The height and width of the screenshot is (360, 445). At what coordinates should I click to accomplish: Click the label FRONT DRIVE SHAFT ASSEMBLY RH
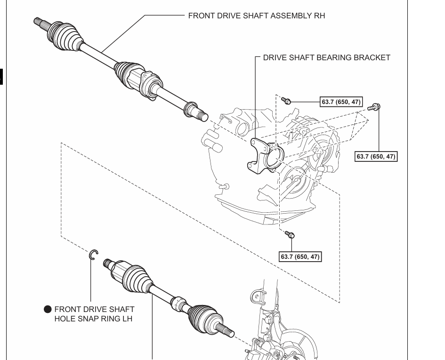(256, 16)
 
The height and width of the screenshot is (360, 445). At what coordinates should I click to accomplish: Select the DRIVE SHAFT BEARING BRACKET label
(326, 57)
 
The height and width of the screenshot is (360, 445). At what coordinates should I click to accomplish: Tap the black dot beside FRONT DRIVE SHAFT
(48, 309)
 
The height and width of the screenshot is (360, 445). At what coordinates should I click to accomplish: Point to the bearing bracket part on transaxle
(266, 155)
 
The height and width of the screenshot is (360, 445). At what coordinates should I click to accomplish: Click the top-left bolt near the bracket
(287, 101)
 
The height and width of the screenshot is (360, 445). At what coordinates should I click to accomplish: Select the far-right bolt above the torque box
(375, 107)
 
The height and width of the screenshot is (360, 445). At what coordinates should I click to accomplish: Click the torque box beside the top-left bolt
(341, 102)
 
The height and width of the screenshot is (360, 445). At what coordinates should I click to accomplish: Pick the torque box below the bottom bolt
(300, 256)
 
